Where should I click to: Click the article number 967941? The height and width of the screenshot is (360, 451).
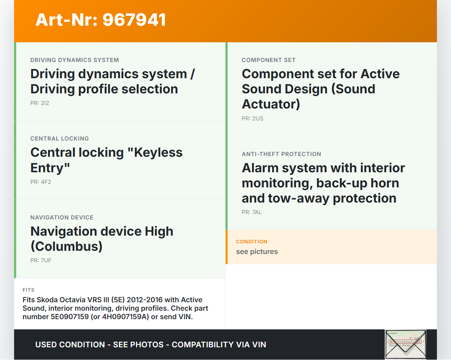coord(134,20)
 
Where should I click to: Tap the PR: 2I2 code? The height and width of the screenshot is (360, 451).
coord(39,103)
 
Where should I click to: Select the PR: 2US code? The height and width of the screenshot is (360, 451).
coord(253,119)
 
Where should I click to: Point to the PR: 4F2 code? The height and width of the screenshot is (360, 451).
coord(41,182)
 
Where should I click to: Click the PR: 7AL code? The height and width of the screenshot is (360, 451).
coord(252,212)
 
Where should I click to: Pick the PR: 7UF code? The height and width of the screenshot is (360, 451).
coord(41,260)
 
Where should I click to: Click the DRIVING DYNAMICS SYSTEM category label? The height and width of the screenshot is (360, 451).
coord(75,60)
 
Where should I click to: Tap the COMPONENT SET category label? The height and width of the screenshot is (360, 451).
coord(269,60)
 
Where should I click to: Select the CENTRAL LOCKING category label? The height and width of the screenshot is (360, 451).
coord(60,139)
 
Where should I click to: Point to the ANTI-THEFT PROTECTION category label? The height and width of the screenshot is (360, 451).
coord(282,154)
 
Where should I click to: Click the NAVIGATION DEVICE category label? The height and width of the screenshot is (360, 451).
coord(62,217)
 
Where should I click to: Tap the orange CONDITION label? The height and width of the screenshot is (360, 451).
coord(252,242)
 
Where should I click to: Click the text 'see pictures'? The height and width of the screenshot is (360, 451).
coord(257,252)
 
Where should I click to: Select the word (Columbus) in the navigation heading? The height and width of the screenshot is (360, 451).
coord(67,247)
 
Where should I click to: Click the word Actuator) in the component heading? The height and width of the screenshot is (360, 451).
coord(271,104)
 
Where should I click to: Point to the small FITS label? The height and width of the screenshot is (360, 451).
coord(29,290)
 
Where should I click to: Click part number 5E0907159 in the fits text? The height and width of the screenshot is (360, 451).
coord(69,317)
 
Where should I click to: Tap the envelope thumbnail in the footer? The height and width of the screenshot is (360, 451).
coord(406,345)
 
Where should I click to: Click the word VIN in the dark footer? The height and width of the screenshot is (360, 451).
coord(258,345)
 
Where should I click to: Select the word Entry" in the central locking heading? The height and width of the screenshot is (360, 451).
coord(50,168)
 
